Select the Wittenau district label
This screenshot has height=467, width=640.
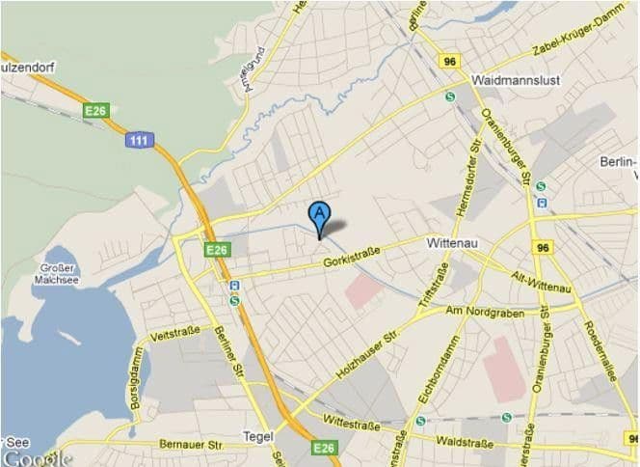(x=454, y=245)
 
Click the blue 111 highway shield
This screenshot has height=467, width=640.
(x=140, y=141)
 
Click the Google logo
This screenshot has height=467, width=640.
(x=36, y=457)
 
